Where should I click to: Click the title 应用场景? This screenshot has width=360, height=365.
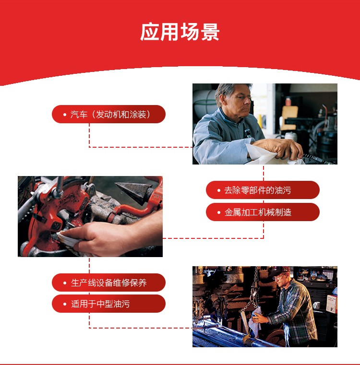pos(180,32)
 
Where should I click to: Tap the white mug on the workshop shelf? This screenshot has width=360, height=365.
pos(316,305)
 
